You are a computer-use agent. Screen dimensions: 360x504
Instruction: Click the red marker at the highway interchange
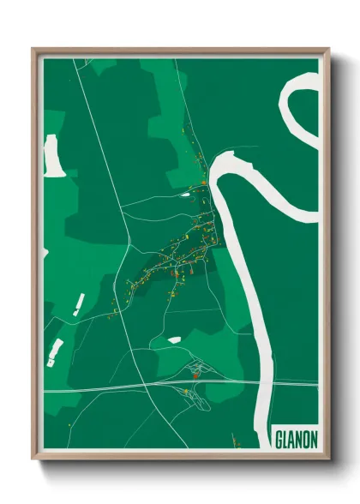point(195,375)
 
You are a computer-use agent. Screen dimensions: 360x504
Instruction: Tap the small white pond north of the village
point(185,194)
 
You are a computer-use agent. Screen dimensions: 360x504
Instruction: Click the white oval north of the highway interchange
point(174,340)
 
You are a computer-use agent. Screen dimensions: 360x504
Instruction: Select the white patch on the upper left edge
point(54,156)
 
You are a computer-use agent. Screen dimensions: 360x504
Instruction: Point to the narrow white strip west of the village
point(79,304)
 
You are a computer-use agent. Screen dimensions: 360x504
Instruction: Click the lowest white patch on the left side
point(56,350)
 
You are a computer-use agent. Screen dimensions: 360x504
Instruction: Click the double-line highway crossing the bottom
point(129,388)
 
